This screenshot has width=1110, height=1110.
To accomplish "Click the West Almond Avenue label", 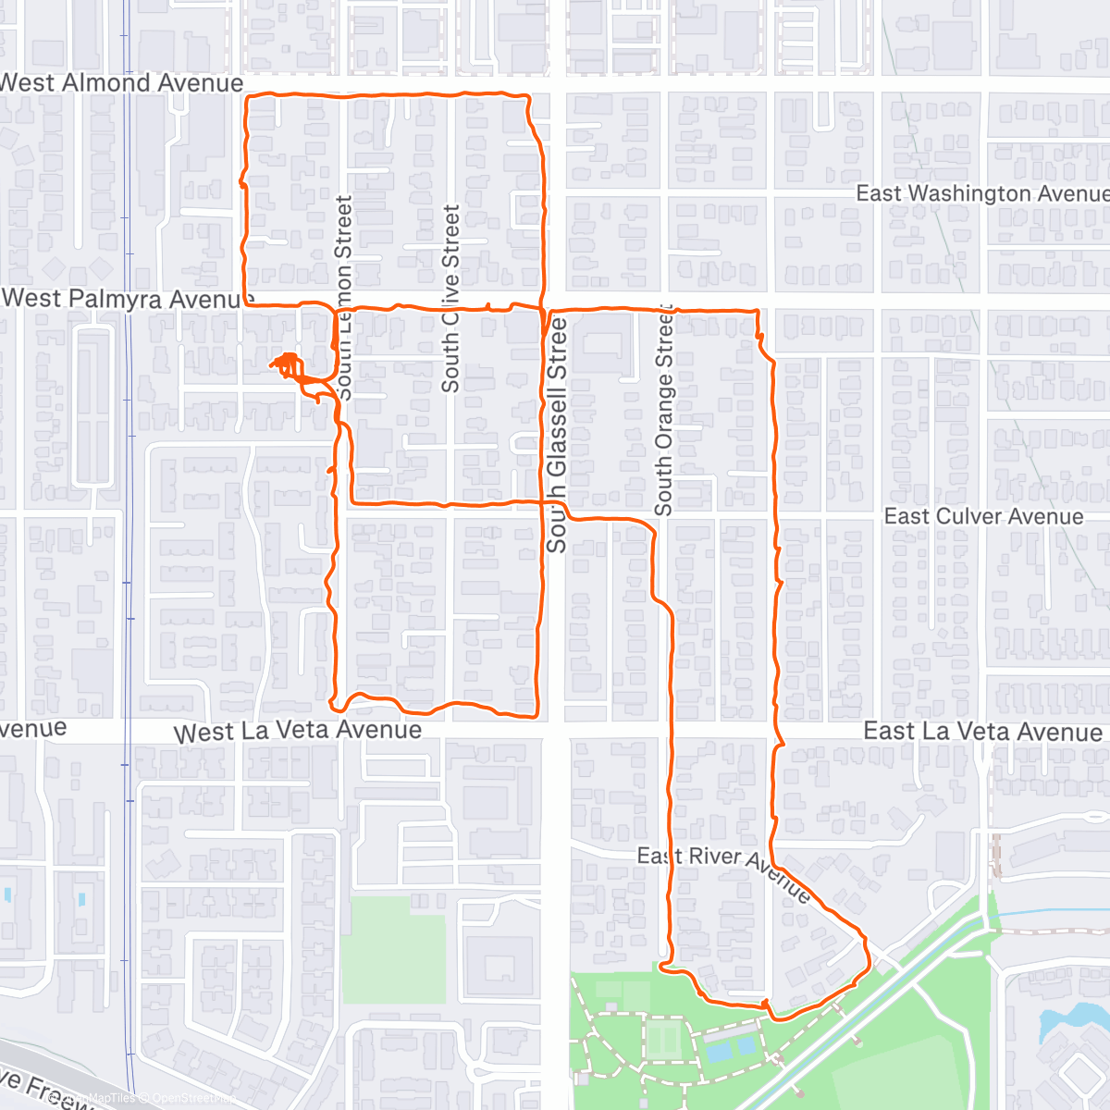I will click(x=122, y=83).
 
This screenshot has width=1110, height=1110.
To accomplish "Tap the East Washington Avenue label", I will click(x=981, y=193).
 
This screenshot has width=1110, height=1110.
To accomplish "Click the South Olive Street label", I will click(x=450, y=298).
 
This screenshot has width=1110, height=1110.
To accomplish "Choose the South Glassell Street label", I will click(x=556, y=435).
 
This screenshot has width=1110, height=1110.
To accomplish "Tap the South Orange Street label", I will click(x=664, y=409).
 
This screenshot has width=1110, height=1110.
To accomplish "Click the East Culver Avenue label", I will click(x=983, y=516).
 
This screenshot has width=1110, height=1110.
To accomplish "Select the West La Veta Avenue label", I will click(x=298, y=732).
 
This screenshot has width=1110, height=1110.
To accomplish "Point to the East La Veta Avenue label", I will click(x=982, y=732).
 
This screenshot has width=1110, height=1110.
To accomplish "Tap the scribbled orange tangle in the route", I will click(x=290, y=365).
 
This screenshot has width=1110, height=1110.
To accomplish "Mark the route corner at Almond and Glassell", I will click(x=528, y=96).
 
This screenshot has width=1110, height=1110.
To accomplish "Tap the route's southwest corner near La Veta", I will click(x=334, y=700).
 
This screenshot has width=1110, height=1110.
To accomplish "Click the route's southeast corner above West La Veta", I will click(x=536, y=714).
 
